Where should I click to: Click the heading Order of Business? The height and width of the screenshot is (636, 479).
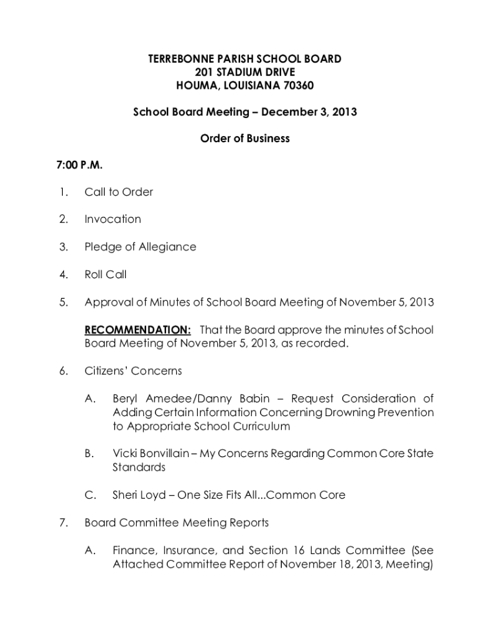tap(244, 139)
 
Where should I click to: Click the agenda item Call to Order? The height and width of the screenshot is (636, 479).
tap(119, 192)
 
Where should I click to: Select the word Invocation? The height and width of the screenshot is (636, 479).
tap(113, 219)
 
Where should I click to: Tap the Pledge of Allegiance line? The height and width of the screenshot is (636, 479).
tap(140, 247)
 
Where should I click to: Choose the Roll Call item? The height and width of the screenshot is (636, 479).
tap(105, 274)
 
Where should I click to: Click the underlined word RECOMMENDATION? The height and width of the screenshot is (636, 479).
tap(137, 330)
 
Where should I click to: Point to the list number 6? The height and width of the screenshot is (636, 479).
tap(63, 371)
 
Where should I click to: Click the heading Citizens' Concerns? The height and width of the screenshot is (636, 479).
tap(133, 371)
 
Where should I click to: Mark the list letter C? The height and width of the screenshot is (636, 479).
tap(90, 495)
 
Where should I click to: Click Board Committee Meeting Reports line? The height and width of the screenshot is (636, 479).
tap(177, 523)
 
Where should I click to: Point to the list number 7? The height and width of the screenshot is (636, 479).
tap(63, 523)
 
